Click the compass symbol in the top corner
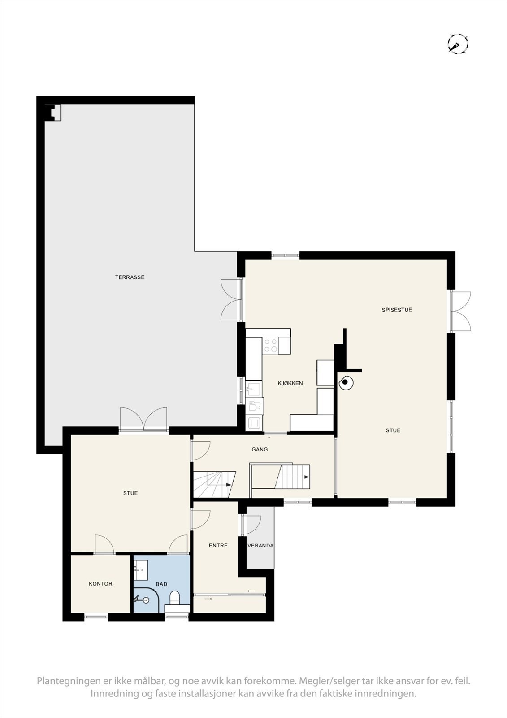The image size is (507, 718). click(458, 44)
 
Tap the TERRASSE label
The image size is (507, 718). click(130, 277)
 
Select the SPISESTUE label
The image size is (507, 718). click(397, 310)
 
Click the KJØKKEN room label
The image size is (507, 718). click(290, 383)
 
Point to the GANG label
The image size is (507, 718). click(260, 449)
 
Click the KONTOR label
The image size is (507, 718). click(100, 584)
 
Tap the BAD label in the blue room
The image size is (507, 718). click(161, 584)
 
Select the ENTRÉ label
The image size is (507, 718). click(218, 546)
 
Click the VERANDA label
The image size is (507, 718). click(260, 546)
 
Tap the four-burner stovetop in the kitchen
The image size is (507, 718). click(271, 346)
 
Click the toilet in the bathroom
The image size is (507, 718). click(174, 598)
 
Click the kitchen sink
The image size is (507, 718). click(255, 389)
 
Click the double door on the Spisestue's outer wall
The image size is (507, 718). click(460, 311)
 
